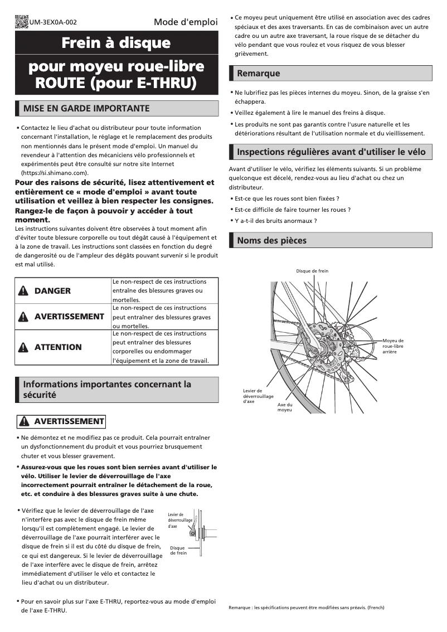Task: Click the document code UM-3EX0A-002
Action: click(55, 23)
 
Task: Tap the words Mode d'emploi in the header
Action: click(186, 22)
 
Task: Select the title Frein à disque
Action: click(116, 43)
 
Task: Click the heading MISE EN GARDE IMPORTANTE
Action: click(86, 108)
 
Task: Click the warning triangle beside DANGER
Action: click(23, 291)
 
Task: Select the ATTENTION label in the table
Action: click(58, 347)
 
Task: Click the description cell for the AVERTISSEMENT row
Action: click(165, 317)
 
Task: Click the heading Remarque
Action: click(259, 73)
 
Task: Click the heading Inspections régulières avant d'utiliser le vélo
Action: click(331, 152)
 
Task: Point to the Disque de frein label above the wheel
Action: click(312, 271)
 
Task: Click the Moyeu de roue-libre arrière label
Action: click(393, 346)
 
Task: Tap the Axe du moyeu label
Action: click(284, 407)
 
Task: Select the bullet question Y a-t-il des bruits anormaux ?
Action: click(275, 221)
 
